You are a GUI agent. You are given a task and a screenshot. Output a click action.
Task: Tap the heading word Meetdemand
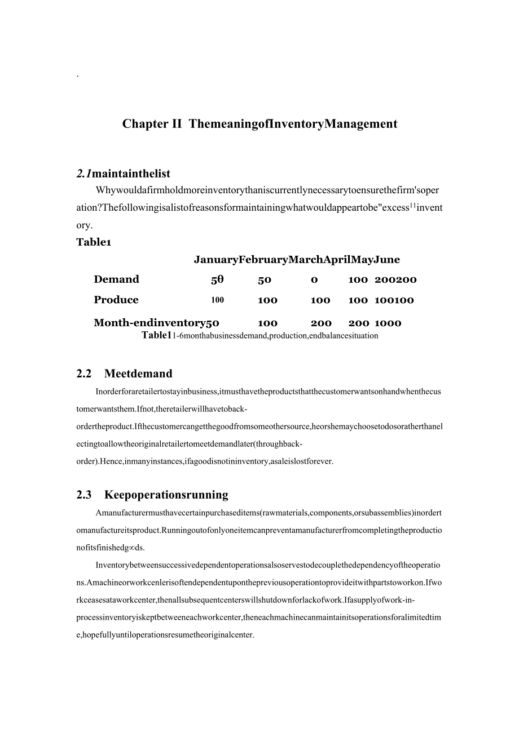(x=138, y=374)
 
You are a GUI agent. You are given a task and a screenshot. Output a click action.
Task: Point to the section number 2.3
(x=83, y=495)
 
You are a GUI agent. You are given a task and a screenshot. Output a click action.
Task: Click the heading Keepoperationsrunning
(x=166, y=495)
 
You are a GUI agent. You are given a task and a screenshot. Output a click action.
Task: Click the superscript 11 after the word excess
(x=412, y=206)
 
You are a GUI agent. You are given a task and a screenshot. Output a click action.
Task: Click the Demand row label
(x=116, y=279)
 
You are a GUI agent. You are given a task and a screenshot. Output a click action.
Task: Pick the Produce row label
(x=116, y=300)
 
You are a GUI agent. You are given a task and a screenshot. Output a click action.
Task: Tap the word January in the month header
(x=216, y=260)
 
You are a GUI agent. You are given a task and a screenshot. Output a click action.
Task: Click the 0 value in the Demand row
(x=314, y=280)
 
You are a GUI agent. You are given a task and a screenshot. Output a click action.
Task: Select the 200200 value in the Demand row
(x=395, y=280)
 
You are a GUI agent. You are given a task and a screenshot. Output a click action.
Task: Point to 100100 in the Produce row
(x=394, y=300)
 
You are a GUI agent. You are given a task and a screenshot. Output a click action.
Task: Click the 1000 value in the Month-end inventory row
(x=388, y=323)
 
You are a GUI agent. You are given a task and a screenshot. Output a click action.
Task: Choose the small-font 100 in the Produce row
(x=218, y=300)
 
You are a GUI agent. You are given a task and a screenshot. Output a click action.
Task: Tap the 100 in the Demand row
(x=358, y=280)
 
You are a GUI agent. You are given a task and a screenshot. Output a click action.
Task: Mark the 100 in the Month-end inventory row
(x=267, y=323)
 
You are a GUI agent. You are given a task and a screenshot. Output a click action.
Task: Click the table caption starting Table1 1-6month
(x=259, y=336)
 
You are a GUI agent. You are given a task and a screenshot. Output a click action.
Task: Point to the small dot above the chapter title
(x=77, y=75)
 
